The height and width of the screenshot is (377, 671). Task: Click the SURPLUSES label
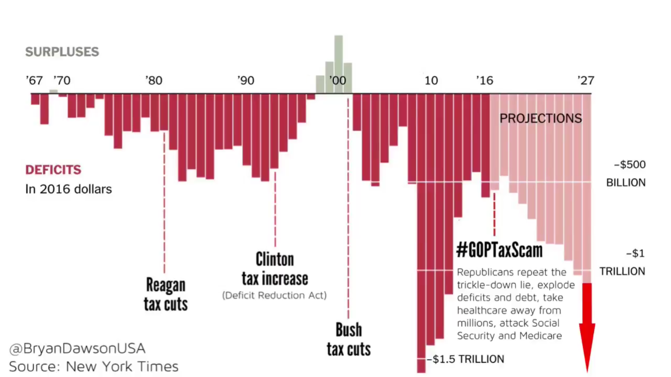pyautogui.click(x=62, y=52)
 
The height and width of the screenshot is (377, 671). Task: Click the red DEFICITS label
pyautogui.click(x=53, y=170)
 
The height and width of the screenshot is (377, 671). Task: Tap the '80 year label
pyautogui.click(x=154, y=80)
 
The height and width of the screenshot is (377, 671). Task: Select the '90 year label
pyautogui.click(x=246, y=80)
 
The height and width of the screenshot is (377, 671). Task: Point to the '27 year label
pyautogui.click(x=586, y=80)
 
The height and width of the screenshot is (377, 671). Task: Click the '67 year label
pyautogui.click(x=34, y=80)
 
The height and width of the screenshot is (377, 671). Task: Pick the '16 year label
pyautogui.click(x=484, y=80)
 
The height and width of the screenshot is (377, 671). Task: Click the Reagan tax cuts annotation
pyautogui.click(x=166, y=294)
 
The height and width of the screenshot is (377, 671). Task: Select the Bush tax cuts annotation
pyautogui.click(x=349, y=339)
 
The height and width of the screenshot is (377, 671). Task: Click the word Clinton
pyautogui.click(x=275, y=260)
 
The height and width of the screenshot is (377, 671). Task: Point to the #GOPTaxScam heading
pyautogui.click(x=499, y=250)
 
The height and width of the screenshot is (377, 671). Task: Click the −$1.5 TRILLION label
pyautogui.click(x=466, y=359)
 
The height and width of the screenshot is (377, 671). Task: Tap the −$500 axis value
pyautogui.click(x=630, y=165)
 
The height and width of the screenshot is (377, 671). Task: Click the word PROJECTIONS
pyautogui.click(x=541, y=118)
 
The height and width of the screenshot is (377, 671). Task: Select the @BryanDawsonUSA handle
pyautogui.click(x=77, y=348)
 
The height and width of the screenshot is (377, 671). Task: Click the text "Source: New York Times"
pyautogui.click(x=94, y=366)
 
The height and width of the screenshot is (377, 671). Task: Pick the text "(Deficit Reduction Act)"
pyautogui.click(x=274, y=295)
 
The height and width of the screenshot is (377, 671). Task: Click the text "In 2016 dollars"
pyautogui.click(x=68, y=189)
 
